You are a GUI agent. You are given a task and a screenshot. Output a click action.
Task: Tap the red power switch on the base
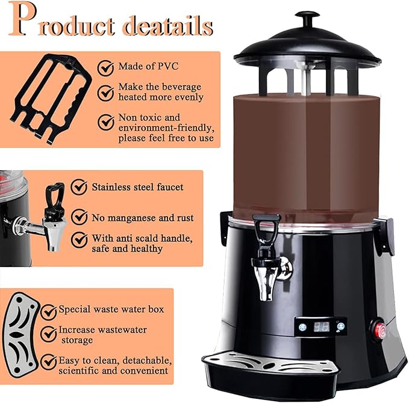381,330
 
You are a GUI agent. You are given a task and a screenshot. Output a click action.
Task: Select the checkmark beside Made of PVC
106,66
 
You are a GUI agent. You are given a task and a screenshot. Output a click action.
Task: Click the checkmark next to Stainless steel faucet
80,187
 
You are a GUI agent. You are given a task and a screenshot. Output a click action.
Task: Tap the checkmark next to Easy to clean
48,361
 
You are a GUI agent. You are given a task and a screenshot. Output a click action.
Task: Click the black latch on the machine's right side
384,236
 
